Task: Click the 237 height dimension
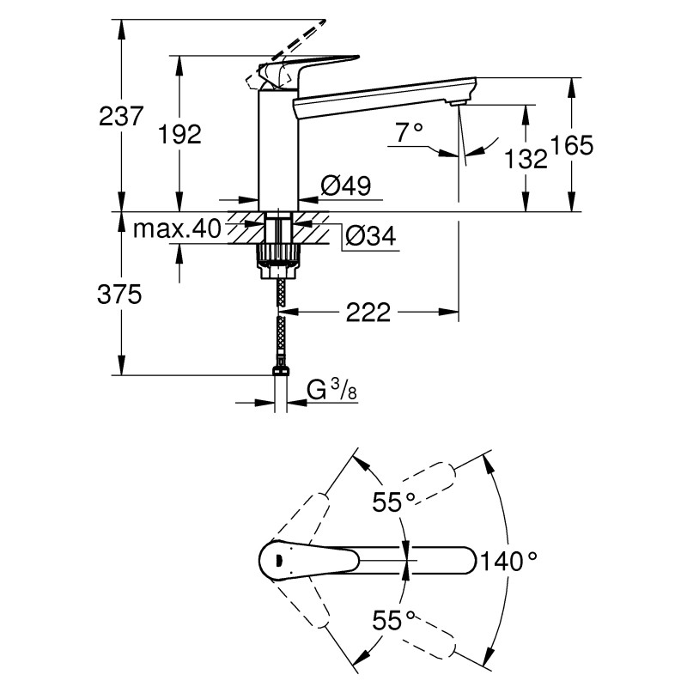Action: [120, 116]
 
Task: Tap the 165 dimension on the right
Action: [572, 145]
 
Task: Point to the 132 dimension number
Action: [526, 158]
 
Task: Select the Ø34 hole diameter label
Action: [370, 236]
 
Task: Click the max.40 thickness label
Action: [177, 228]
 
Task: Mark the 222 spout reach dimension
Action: [369, 312]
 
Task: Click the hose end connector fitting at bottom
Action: [279, 371]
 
